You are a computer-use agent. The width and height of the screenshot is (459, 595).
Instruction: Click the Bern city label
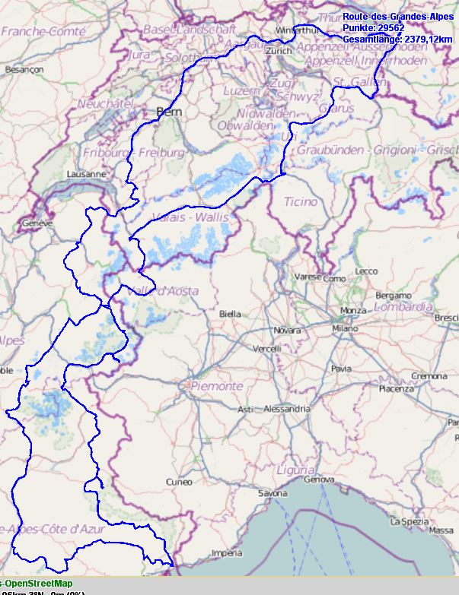point(168,112)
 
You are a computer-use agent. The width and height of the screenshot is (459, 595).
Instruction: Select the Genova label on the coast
point(318,479)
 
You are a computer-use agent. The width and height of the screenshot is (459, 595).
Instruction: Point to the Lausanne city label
point(86,174)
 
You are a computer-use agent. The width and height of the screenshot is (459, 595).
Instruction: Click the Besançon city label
point(24,69)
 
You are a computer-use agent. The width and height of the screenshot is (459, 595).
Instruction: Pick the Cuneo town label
point(179,482)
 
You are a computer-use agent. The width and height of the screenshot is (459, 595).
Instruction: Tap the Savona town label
point(273,493)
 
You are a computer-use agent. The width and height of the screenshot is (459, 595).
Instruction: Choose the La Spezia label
point(406,521)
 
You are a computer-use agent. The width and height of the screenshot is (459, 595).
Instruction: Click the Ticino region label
point(300,201)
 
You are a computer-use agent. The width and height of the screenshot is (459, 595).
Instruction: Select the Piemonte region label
point(217,386)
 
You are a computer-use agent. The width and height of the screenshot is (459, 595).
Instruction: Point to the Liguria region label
point(296,469)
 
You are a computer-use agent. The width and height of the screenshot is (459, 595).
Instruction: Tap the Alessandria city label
point(287,409)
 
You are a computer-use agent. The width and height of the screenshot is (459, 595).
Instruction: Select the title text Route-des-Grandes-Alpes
point(398,16)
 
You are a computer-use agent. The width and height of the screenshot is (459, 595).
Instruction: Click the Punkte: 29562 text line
point(373,27)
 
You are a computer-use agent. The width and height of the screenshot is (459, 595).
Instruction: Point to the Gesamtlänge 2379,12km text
point(397,39)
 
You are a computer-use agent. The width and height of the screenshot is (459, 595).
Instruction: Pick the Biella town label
point(230,313)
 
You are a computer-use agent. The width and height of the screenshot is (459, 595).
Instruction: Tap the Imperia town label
point(225,552)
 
